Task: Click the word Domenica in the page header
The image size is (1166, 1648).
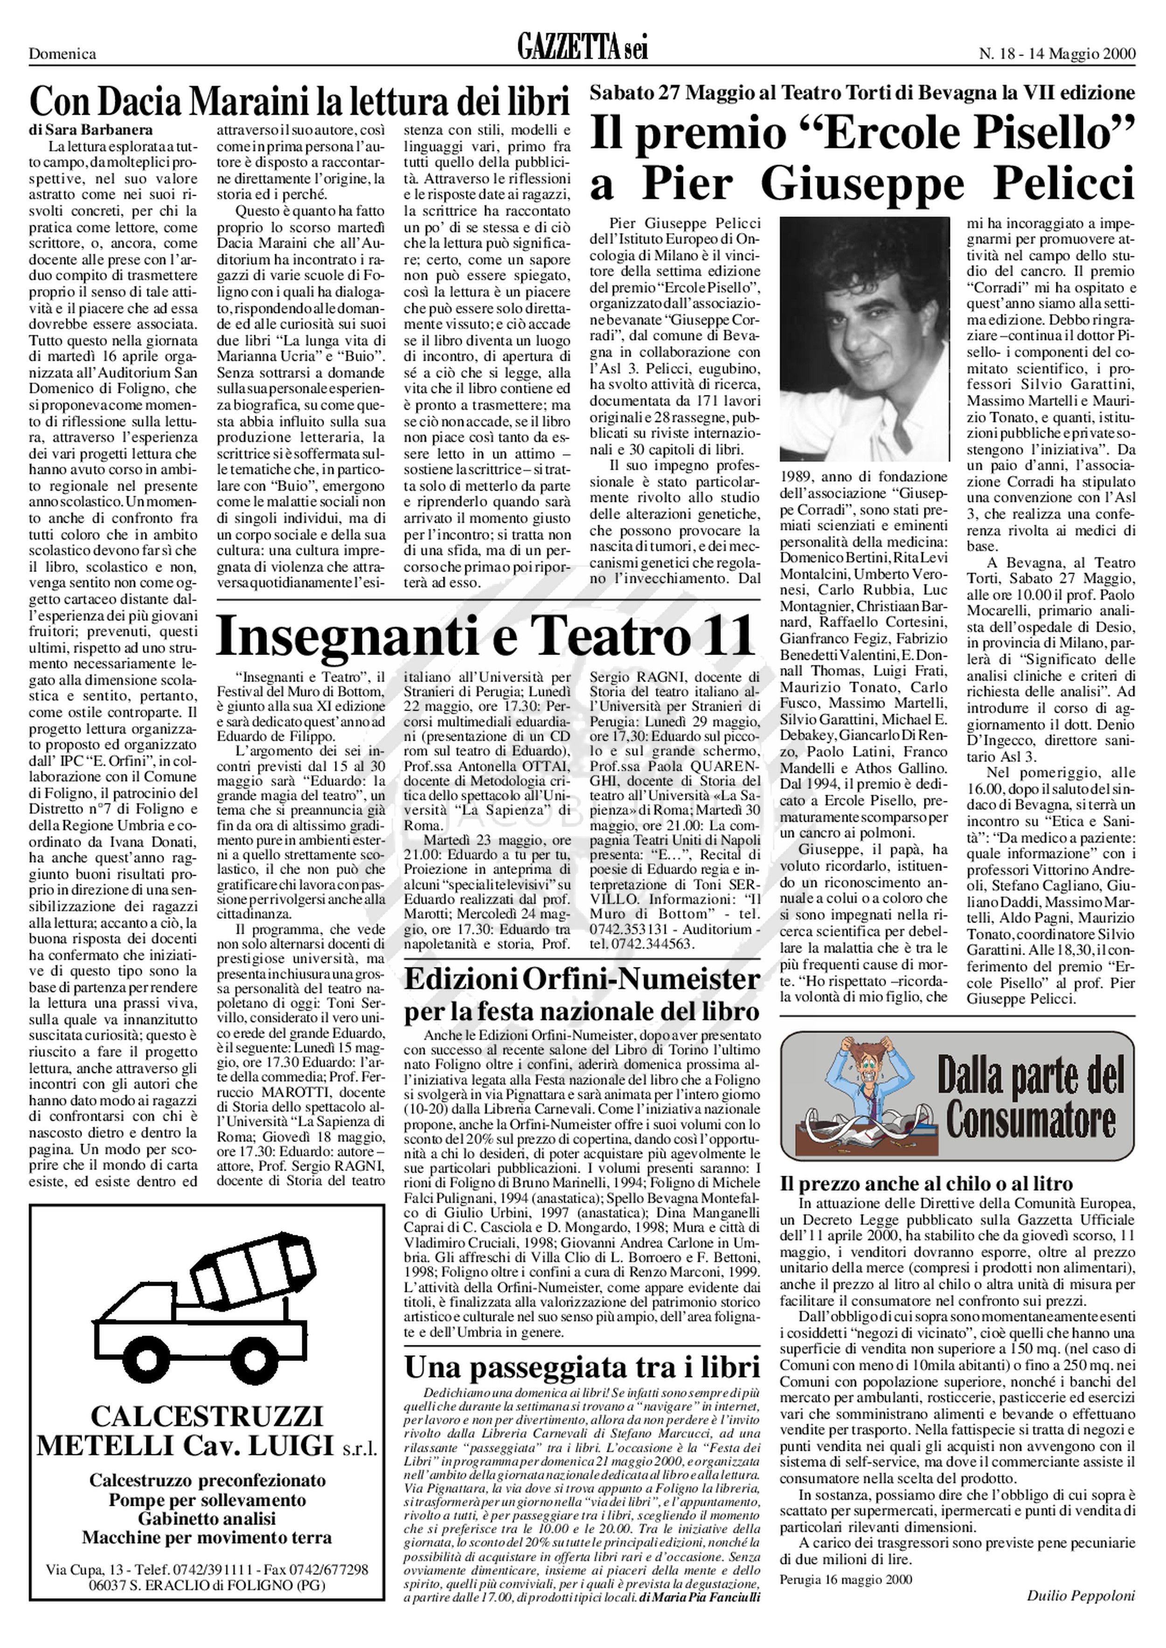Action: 62,54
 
